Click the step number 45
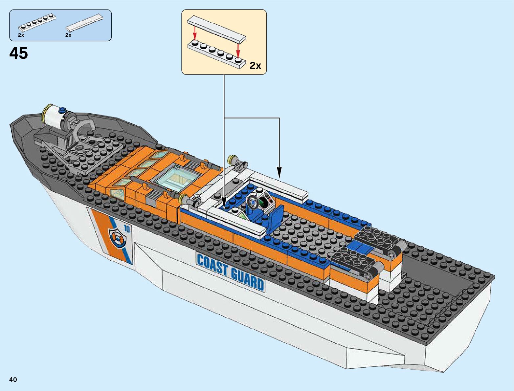click(19, 53)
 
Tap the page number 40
click(13, 380)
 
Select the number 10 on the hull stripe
click(127, 229)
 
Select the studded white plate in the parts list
click(37, 24)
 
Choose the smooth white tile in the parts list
click(87, 23)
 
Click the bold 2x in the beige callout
click(255, 66)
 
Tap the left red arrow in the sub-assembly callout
click(195, 33)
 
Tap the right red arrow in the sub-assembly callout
click(238, 51)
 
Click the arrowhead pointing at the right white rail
click(279, 173)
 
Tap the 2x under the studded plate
click(21, 35)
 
